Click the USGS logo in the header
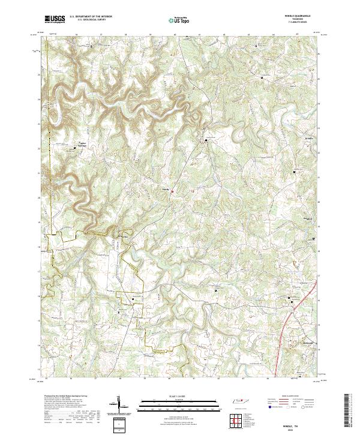55,19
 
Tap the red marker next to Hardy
173,192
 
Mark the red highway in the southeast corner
288,336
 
